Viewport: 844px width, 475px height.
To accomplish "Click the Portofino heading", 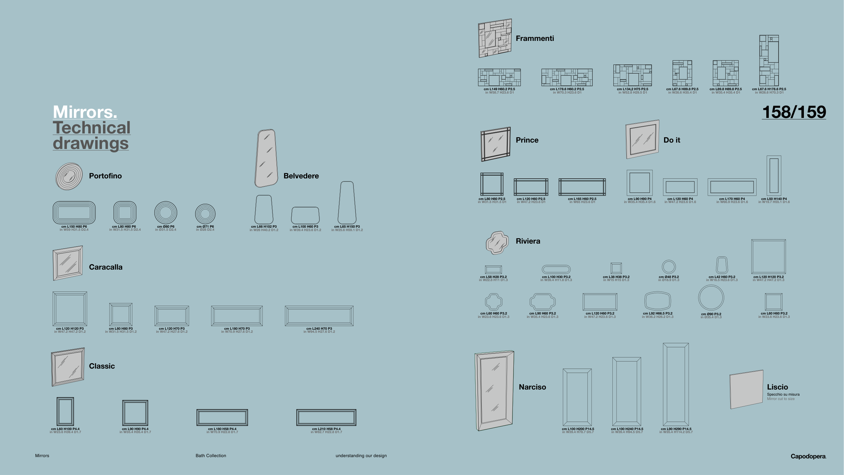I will (x=105, y=176).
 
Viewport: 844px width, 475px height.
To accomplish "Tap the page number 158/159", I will (x=794, y=112).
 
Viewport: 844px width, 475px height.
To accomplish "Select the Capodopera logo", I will (x=808, y=456).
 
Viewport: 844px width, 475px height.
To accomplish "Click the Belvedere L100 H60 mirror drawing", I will (x=305, y=215).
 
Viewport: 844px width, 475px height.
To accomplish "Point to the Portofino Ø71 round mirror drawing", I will (x=205, y=214).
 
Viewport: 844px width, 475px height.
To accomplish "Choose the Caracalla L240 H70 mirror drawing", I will (x=319, y=316).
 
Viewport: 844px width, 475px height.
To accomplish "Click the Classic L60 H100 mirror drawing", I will (x=65, y=411).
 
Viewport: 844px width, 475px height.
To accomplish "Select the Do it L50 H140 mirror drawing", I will (x=774, y=176).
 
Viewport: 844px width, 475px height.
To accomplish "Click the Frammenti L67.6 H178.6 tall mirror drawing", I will (x=769, y=60).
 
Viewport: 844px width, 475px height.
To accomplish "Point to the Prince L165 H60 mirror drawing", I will (x=582, y=187).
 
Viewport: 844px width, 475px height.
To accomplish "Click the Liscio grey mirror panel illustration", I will (x=746, y=390).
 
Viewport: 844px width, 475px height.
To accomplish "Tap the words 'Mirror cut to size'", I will (x=781, y=399).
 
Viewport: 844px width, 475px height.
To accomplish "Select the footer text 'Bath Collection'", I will (x=211, y=456).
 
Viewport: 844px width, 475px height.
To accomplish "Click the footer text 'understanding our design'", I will (x=361, y=456).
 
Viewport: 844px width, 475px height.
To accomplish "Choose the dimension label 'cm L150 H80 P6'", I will (x=74, y=227).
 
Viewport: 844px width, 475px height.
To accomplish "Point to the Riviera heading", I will (x=528, y=241).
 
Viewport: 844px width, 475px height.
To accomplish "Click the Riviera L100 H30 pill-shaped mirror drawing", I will (x=556, y=269).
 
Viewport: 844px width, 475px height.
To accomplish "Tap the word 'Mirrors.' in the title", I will (x=85, y=112).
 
